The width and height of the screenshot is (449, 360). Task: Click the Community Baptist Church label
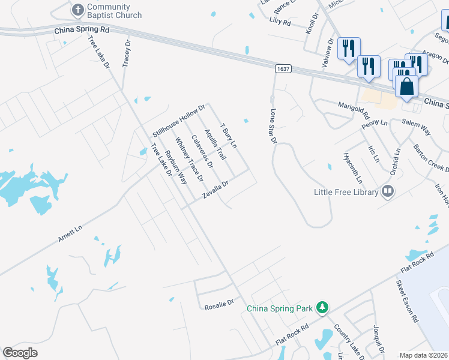pos(114,11)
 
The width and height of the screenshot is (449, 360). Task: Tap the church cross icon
pos(77,10)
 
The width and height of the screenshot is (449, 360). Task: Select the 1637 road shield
pos(284,70)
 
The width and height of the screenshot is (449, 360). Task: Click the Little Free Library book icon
pos(388,192)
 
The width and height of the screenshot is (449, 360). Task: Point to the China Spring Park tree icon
pos(322,308)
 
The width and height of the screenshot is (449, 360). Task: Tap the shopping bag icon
pos(406,86)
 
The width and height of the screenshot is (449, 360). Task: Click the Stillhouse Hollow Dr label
pos(179,119)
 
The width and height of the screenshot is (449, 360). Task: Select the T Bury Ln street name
pos(229,136)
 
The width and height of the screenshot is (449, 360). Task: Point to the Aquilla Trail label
pos(214,145)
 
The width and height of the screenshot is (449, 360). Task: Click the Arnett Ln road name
pos(70,233)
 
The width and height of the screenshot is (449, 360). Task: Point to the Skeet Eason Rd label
pos(406,301)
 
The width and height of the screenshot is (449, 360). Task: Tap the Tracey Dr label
pos(127,54)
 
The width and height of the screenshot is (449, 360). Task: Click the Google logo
pos(20,353)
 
